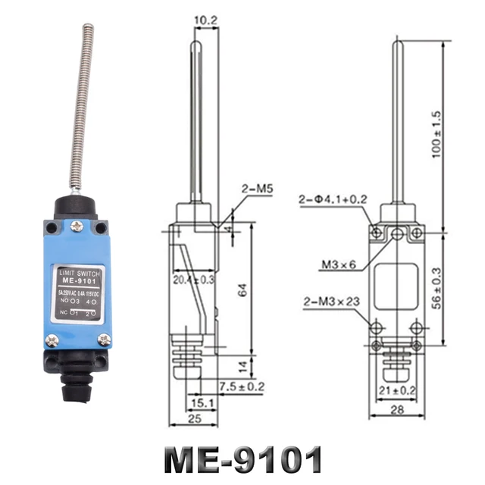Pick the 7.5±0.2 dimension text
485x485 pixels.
(243, 386)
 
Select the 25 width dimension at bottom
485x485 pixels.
(192, 419)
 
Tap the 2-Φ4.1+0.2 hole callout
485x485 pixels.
(333, 200)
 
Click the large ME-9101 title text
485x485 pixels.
(242, 458)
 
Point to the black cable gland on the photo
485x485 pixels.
(76, 379)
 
